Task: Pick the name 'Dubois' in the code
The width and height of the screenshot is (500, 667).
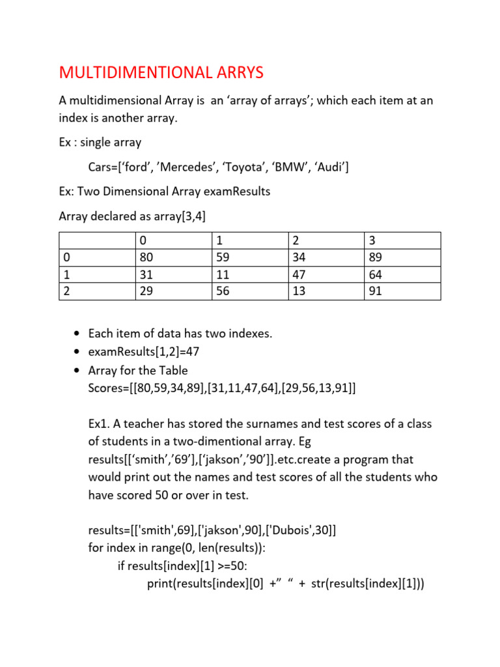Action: click(286, 530)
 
